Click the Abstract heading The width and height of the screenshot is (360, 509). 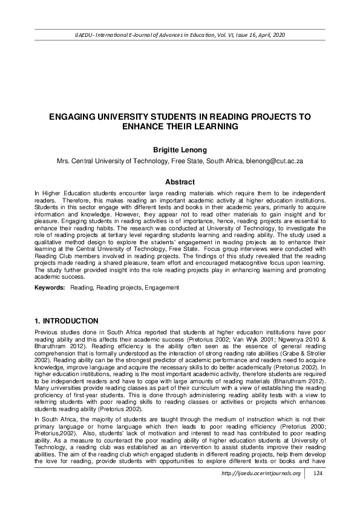[180, 182]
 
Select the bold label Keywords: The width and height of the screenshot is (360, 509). [50, 288]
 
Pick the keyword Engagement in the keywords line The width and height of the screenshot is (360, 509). [160, 288]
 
